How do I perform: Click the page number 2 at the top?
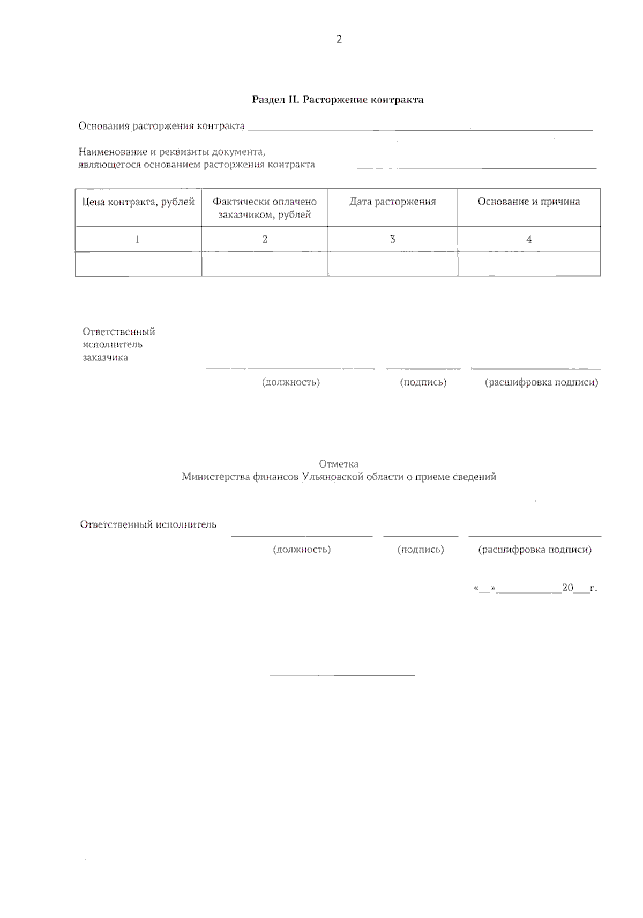pos(339,39)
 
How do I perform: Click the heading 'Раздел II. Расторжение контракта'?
pos(338,99)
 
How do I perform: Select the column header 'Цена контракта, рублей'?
pos(138,202)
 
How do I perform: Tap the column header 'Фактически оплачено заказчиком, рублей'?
pos(265,208)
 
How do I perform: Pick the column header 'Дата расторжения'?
pos(393,202)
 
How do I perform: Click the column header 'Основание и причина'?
pos(529,202)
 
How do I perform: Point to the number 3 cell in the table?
pos(393,239)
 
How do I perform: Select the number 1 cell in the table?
pos(138,239)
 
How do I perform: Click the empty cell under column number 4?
pos(529,264)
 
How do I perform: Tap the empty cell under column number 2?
pos(265,264)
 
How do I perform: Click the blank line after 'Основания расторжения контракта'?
pos(421,129)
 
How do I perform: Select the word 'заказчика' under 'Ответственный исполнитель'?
pos(105,357)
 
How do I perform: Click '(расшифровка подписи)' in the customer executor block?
pos(541,382)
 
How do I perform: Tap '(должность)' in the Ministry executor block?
pos(302,550)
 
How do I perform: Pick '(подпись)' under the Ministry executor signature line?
pos(421,550)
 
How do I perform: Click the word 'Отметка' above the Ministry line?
pos(339,464)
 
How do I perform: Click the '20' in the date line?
pos(567,588)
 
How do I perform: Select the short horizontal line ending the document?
pos(342,675)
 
